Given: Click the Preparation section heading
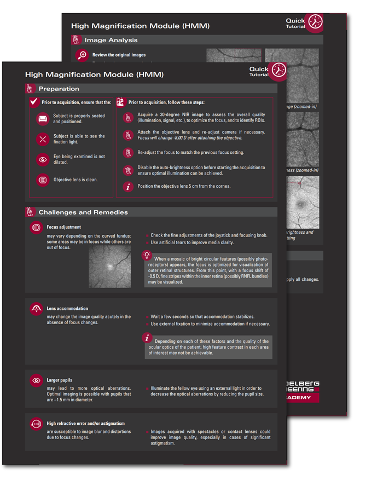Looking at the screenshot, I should [59, 89].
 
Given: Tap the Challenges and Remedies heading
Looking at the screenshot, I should [83, 212].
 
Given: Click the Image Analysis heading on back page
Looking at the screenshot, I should [111, 40].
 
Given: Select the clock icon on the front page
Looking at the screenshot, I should [278, 70].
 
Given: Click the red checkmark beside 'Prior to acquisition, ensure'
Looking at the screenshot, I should [34, 102].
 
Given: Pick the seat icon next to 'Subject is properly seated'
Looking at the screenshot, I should [43, 119].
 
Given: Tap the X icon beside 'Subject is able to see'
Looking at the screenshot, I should [43, 140].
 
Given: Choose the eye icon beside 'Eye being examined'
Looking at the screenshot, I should [43, 160].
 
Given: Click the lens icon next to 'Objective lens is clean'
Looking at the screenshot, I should [43, 180].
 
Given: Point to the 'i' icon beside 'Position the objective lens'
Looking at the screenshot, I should [128, 187].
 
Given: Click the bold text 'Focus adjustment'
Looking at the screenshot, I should [63, 227].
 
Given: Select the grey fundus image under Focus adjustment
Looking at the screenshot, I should [109, 266].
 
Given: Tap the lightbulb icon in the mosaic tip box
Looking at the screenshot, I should [147, 255].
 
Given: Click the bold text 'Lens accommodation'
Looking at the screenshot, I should [67, 309].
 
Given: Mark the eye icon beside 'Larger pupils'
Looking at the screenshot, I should [36, 380].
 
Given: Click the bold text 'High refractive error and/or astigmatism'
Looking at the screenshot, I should [85, 423].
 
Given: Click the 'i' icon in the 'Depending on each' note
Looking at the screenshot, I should [147, 338].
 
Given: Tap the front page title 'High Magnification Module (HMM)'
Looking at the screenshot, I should [94, 74].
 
